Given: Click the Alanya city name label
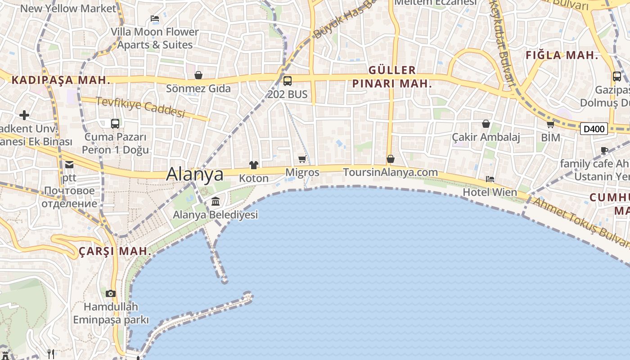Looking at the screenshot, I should (x=195, y=175).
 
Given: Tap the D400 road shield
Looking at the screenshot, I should (x=594, y=129).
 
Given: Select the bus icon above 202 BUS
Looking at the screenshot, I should (x=288, y=81).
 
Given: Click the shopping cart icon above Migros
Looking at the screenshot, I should (x=302, y=159).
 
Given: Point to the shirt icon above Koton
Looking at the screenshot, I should (x=254, y=165).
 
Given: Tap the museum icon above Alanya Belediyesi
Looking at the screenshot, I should (x=216, y=201).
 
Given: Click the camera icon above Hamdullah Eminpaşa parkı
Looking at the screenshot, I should (x=111, y=293).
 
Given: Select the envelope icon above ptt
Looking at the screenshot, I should (x=69, y=165).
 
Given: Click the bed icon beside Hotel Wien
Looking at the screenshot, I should (x=490, y=179).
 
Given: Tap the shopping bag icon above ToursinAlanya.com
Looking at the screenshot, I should (x=391, y=159).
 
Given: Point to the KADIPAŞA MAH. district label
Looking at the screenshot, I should (x=61, y=81).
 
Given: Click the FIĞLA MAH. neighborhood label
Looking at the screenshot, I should (x=562, y=56).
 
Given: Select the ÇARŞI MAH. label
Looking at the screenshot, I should (x=115, y=252).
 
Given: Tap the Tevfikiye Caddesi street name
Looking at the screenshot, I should (x=140, y=107).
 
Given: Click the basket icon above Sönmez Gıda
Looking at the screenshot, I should (x=198, y=75).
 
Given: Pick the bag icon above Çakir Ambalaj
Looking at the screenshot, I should (x=486, y=124).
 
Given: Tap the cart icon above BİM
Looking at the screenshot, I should (x=550, y=124).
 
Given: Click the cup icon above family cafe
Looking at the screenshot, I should (x=604, y=150).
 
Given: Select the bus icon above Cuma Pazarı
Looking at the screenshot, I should (x=115, y=123).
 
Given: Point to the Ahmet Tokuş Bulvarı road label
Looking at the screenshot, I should (x=580, y=223).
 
